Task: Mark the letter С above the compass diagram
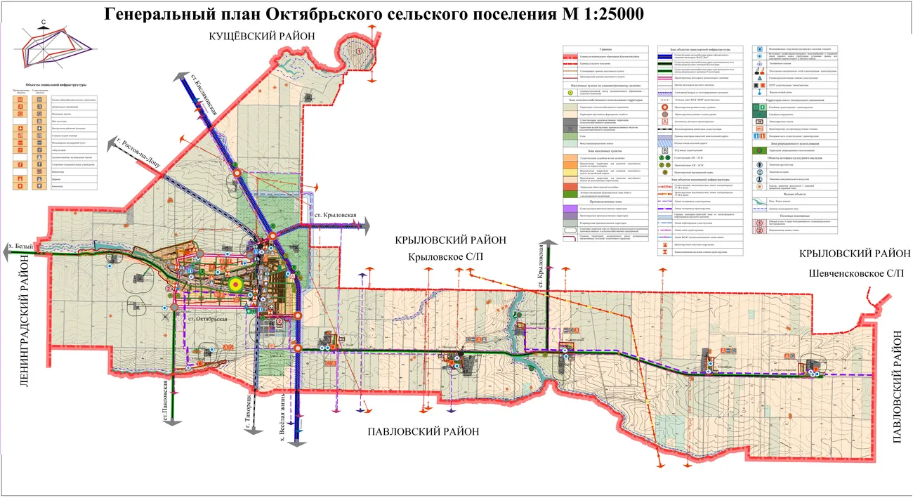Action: tap(44, 23)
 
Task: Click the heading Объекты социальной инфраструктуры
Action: tap(54, 84)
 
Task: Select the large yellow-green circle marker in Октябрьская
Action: tap(236, 284)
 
